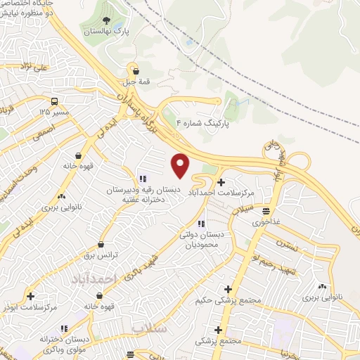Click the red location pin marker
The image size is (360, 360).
click(181, 165)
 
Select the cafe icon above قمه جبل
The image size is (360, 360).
click(136, 70)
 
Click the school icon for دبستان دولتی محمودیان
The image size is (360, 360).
click(202, 224)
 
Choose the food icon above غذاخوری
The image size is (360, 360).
click(266, 211)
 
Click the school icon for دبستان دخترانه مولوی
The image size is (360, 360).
click(65, 328)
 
